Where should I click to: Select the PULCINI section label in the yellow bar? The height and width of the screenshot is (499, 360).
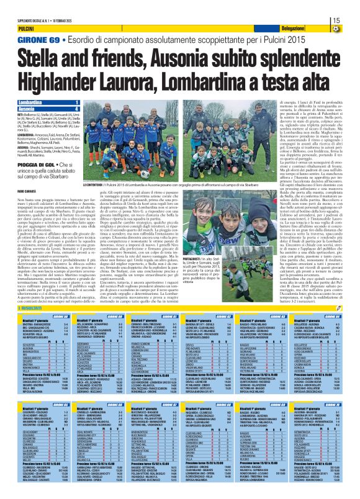click(x=27, y=29)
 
